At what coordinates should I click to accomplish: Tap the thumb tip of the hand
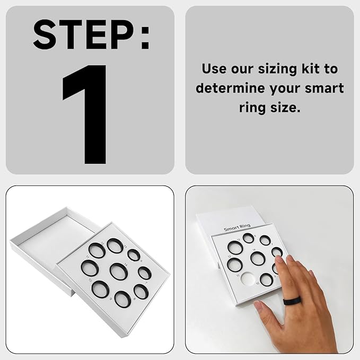pos(258,305)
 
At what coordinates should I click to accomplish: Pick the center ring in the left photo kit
pos(118,271)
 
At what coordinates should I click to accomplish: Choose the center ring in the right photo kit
pos(258,258)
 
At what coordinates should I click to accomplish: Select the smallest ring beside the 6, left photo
pos(134,255)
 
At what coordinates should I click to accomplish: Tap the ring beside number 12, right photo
pos(234,264)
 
